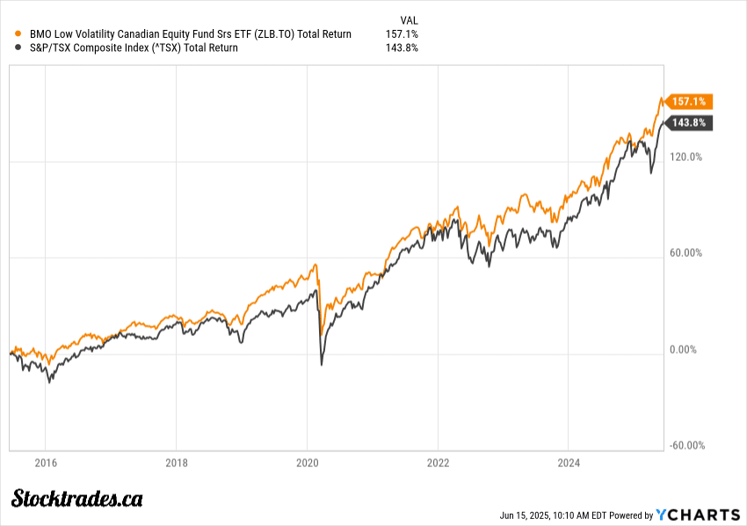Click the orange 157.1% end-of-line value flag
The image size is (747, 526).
[689, 101]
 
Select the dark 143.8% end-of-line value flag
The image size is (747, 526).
[689, 123]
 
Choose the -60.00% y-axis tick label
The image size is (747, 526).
[686, 445]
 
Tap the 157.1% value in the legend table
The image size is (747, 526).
[402, 34]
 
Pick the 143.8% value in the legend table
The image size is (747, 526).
[402, 48]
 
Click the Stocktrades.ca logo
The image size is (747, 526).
[77, 499]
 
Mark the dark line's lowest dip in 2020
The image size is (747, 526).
[321, 364]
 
